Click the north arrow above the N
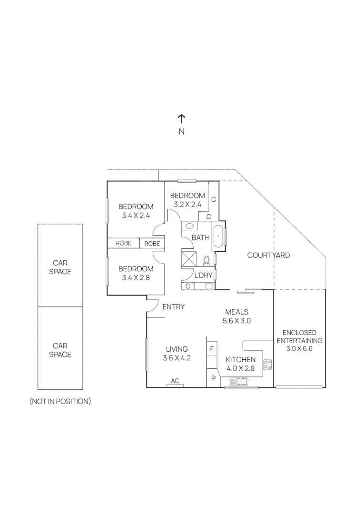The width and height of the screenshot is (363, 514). tap(181, 119)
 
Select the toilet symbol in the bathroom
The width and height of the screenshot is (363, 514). tap(206, 260)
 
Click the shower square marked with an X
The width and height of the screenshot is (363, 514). tap(189, 260)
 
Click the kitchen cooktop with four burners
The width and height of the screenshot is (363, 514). tap(268, 365)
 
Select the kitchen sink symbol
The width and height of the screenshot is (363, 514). tap(238, 381)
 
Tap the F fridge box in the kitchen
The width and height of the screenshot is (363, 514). tap(212, 349)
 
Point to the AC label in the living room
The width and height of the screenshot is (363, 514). tap(175, 381)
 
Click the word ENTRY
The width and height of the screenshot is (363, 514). tap(173, 307)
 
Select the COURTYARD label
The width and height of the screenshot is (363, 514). tap(268, 256)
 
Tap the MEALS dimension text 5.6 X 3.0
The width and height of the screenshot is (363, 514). tap(236, 321)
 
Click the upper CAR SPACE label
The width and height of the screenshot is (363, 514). tap(60, 267)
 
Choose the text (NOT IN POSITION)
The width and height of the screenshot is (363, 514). tap(60, 401)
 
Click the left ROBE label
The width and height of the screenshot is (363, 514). tap(124, 243)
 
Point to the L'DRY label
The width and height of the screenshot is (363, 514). tap(203, 276)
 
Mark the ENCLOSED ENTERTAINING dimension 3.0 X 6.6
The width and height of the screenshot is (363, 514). tap(299, 348)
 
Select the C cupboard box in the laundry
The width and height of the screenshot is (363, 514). tap(188, 286)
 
